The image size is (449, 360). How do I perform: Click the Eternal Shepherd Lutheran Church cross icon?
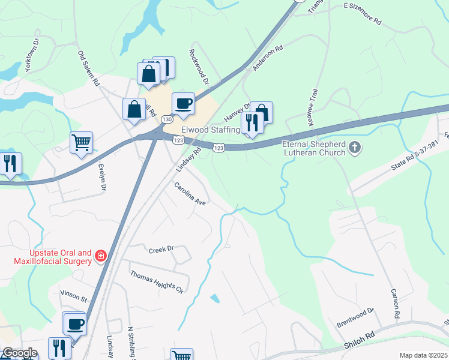355,147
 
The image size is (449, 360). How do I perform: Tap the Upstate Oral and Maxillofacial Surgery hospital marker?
101,257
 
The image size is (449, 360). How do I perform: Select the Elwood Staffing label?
206,130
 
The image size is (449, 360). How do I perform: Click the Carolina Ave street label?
190,195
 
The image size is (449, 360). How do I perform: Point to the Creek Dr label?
161,248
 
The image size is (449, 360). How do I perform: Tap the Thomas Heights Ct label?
157,282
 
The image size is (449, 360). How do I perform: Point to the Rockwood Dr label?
199,67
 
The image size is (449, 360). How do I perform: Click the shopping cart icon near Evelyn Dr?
82,143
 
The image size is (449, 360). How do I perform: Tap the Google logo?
19,353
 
